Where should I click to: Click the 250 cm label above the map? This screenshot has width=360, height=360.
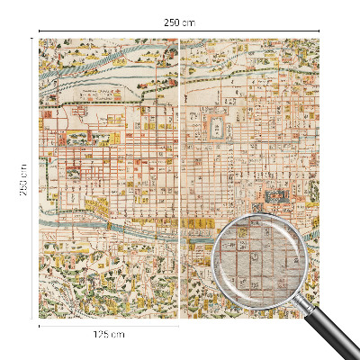click(179, 21)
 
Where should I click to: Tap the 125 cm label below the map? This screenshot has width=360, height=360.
click(109, 334)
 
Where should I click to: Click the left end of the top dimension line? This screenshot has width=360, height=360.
click(40, 31)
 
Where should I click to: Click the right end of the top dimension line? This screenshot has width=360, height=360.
click(320, 31)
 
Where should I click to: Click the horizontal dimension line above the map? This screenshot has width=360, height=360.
click(108, 31)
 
